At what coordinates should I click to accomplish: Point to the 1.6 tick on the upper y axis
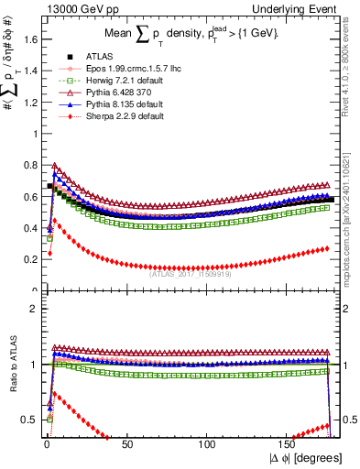click(x=29, y=38)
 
